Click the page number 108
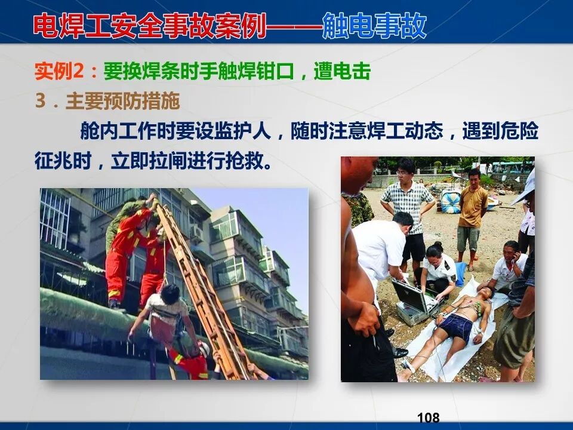(429, 417)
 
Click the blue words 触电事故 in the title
(374, 26)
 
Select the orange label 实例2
(60, 72)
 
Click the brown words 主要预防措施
(122, 102)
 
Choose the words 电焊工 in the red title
(72, 26)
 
